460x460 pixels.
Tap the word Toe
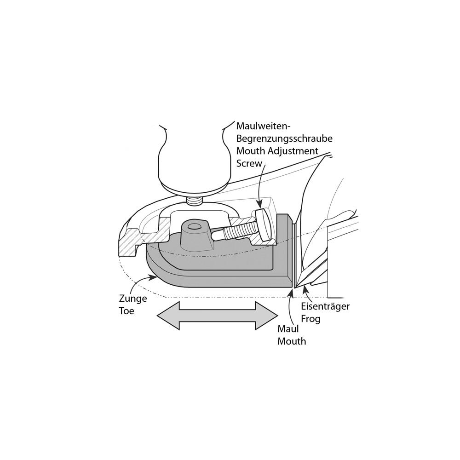click(126, 311)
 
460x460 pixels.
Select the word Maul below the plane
click(288, 329)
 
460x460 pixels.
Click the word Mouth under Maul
click(292, 341)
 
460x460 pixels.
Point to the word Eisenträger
click(325, 306)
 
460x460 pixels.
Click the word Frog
click(310, 319)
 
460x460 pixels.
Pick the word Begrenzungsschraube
click(284, 138)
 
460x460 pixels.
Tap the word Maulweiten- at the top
click(263, 126)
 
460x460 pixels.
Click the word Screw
click(249, 163)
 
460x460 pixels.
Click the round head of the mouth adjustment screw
click(264, 224)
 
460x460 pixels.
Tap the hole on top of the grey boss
click(194, 227)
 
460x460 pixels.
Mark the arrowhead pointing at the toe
click(152, 276)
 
